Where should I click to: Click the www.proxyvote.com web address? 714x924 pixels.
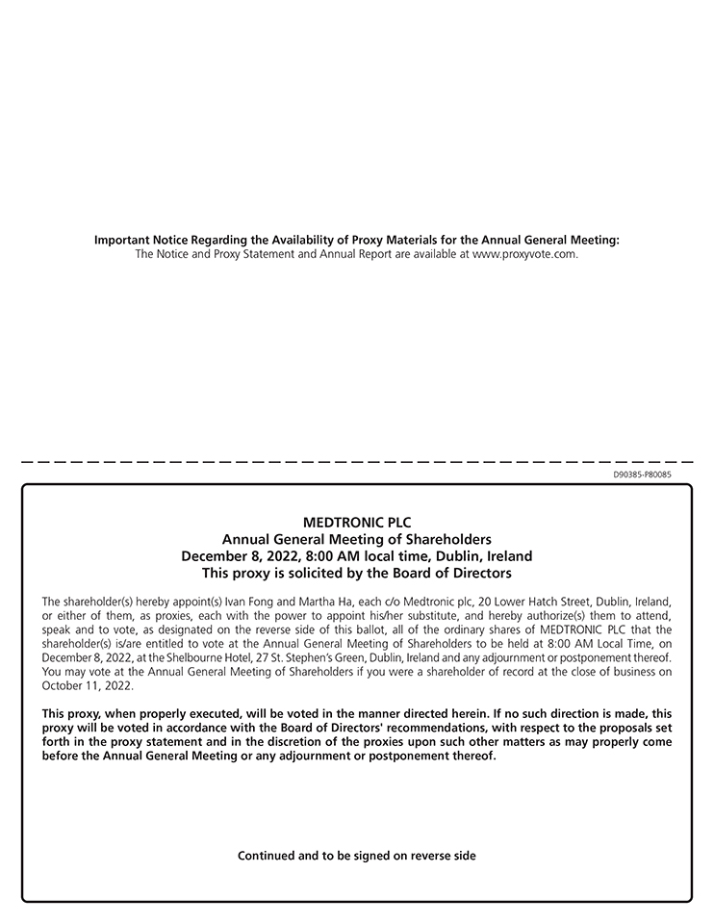(x=524, y=254)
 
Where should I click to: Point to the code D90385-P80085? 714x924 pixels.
(x=642, y=475)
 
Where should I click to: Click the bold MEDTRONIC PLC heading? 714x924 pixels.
(x=357, y=523)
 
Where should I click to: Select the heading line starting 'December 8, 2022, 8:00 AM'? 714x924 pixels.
(x=357, y=556)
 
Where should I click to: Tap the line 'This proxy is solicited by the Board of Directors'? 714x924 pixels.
(x=357, y=574)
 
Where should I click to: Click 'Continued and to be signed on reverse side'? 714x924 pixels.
(x=357, y=856)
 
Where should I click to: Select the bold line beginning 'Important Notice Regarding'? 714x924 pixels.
(x=357, y=240)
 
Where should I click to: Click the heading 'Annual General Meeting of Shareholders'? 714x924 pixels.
(x=357, y=539)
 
